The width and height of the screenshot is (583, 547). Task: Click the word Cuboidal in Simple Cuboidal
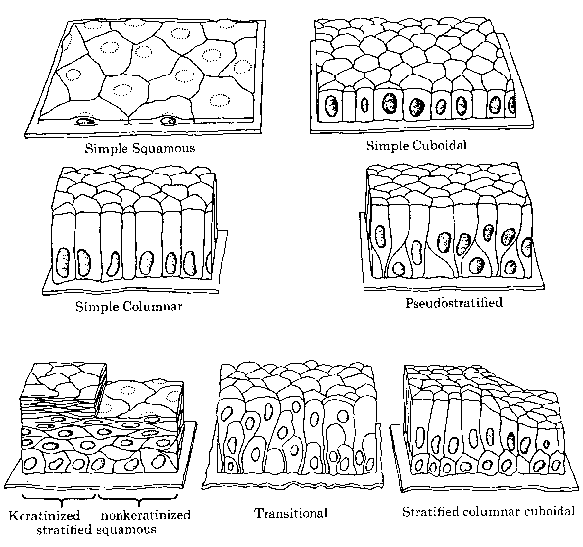pyautogui.click(x=440, y=145)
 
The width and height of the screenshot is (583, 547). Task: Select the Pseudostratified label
pyautogui.click(x=454, y=303)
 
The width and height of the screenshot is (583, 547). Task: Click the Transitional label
pyautogui.click(x=291, y=513)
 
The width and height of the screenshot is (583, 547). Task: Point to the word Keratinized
pyautogui.click(x=45, y=515)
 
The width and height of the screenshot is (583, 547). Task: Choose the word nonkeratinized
pyautogui.click(x=145, y=515)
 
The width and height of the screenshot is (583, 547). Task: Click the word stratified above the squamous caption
pyautogui.click(x=64, y=529)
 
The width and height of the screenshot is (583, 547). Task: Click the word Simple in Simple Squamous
pyautogui.click(x=104, y=149)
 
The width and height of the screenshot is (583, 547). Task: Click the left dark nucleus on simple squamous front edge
pyautogui.click(x=85, y=121)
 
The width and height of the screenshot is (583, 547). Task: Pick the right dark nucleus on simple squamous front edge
pyautogui.click(x=168, y=121)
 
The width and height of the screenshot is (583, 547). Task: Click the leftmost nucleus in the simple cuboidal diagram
pyautogui.click(x=331, y=105)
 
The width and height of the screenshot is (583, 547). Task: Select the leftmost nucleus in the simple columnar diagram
pyautogui.click(x=63, y=263)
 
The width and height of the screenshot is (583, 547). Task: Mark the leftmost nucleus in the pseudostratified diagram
pyautogui.click(x=380, y=236)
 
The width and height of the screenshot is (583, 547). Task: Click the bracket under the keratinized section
pyautogui.click(x=60, y=499)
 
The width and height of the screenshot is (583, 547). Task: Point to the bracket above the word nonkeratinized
pyautogui.click(x=139, y=499)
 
